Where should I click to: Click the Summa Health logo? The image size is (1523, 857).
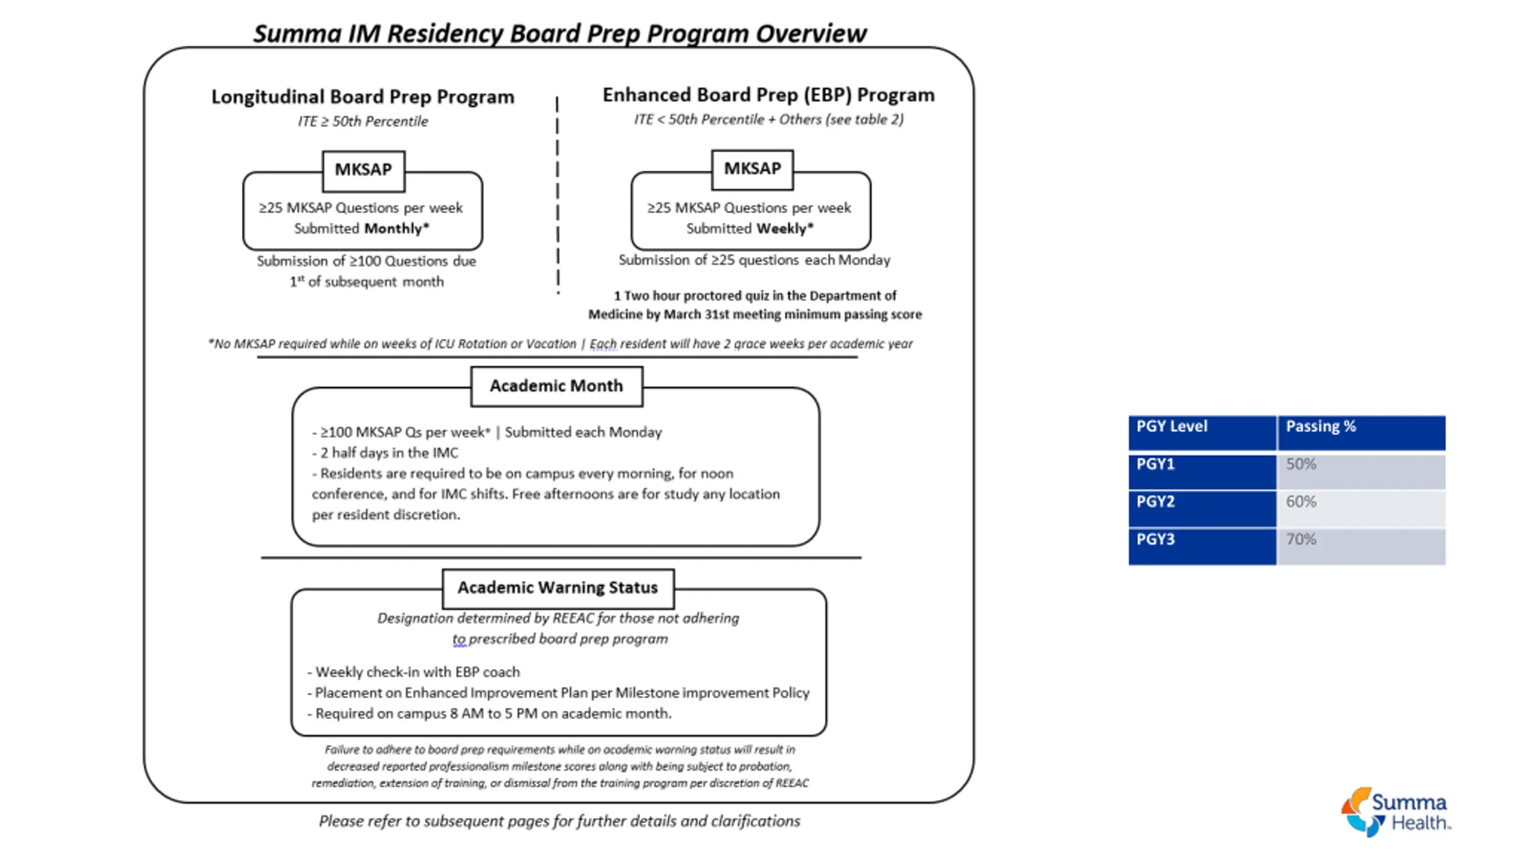pyautogui.click(x=1395, y=812)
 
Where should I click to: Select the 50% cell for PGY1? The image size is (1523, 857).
pyautogui.click(x=1360, y=471)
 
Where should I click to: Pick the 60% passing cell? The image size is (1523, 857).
pyautogui.click(x=1360, y=509)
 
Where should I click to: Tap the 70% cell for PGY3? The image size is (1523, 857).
pyautogui.click(x=1360, y=546)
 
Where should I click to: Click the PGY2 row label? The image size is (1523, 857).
pyautogui.click(x=1202, y=509)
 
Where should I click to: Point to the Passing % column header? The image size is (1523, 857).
pyautogui.click(x=1360, y=433)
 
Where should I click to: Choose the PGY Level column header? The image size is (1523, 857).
pyautogui.click(x=1202, y=433)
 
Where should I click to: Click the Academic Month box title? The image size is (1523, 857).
pyautogui.click(x=556, y=386)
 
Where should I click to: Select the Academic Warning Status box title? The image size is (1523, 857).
pyautogui.click(x=557, y=588)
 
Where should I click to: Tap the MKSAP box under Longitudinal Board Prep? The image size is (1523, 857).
pyautogui.click(x=363, y=170)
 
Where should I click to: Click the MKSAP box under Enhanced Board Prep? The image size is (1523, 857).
pyautogui.click(x=752, y=169)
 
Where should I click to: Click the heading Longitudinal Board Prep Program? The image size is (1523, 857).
pyautogui.click(x=363, y=97)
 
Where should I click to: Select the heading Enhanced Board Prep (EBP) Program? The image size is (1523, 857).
pyautogui.click(x=768, y=95)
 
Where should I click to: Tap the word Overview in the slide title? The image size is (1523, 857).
pyautogui.click(x=811, y=34)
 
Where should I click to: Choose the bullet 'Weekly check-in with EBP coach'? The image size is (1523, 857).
pyautogui.click(x=416, y=672)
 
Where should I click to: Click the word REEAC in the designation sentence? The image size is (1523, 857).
pyautogui.click(x=574, y=618)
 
